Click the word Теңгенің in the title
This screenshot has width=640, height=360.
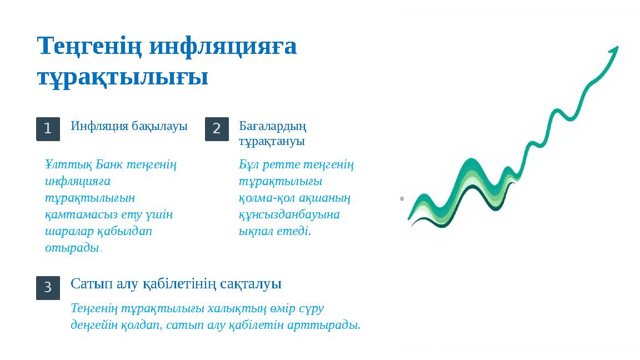tap(91, 47)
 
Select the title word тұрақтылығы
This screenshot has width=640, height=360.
tap(122, 77)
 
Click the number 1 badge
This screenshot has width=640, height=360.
tap(48, 129)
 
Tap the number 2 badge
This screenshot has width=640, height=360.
tap(217, 129)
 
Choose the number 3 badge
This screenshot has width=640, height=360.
tap(48, 287)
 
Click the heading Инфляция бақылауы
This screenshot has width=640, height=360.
tap(129, 126)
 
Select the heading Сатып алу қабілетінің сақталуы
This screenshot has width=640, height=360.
tap(176, 284)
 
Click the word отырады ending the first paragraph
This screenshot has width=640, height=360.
tap(71, 248)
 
